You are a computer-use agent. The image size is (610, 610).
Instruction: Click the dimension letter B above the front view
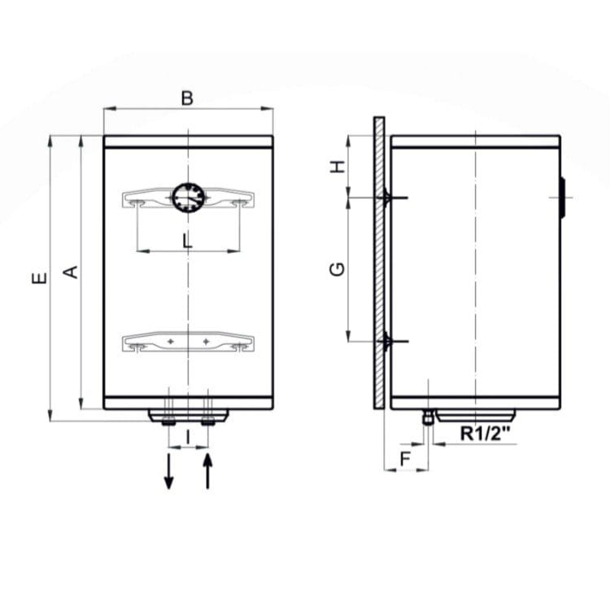click(x=187, y=98)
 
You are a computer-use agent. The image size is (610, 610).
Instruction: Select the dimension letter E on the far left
click(x=39, y=278)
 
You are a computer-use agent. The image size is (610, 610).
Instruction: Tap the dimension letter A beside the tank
click(x=71, y=272)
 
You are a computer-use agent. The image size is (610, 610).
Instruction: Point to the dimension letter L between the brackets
click(x=188, y=242)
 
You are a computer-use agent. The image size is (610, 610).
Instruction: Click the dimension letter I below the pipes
click(x=188, y=437)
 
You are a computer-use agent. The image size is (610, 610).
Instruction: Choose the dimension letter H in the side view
click(x=338, y=167)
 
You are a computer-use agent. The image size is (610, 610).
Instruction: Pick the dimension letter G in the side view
click(x=337, y=269)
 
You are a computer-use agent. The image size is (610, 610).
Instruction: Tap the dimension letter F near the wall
click(x=405, y=459)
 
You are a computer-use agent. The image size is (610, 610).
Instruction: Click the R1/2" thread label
click(x=485, y=433)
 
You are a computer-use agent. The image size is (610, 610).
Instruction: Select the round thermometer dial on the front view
click(x=189, y=198)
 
